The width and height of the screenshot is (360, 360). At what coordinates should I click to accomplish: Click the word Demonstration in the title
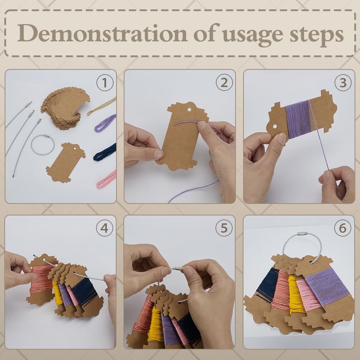[102, 33]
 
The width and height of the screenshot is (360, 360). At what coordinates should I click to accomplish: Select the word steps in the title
[317, 35]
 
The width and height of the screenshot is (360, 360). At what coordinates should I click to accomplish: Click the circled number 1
[105, 83]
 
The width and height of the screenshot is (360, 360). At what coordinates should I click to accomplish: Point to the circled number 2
[224, 83]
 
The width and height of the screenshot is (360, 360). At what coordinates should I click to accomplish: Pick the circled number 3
[343, 83]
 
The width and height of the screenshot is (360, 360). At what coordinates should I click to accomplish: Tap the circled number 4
[104, 228]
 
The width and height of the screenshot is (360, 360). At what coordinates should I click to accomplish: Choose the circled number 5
[224, 228]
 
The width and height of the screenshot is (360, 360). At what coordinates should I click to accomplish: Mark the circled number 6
[342, 228]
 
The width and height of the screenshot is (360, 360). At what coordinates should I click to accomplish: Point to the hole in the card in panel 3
[275, 127]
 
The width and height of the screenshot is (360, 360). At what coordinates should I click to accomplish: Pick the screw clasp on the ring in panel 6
[302, 234]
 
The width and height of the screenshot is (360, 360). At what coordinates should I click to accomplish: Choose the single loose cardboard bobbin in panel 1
[66, 162]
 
